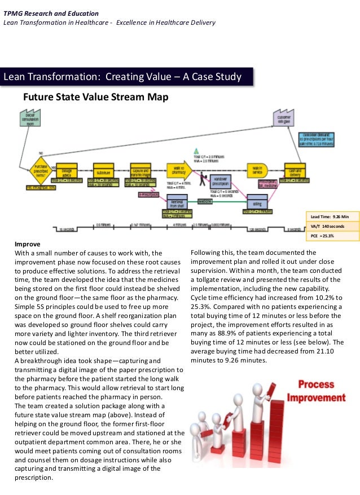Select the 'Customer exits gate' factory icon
283,120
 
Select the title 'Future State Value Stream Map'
95,98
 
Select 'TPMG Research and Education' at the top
51,13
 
